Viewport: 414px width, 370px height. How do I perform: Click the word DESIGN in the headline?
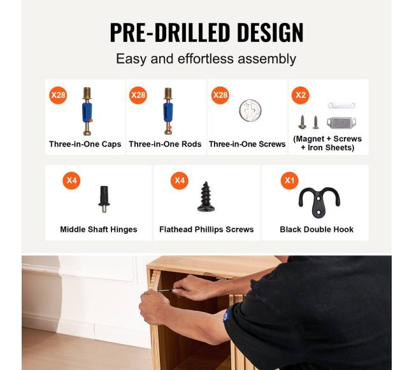[x=270, y=32]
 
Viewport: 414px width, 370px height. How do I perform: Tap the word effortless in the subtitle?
[x=206, y=59]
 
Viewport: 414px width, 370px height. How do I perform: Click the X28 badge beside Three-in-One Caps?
[x=58, y=95]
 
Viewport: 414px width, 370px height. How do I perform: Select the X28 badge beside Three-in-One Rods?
[x=138, y=95]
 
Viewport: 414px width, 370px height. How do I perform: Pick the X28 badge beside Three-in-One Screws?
[x=220, y=95]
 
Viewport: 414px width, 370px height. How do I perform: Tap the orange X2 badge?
[x=301, y=95]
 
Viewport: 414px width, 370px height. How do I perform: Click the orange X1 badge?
[x=290, y=180]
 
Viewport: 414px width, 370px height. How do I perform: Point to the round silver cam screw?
[x=250, y=111]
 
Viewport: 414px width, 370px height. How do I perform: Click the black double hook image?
[x=319, y=202]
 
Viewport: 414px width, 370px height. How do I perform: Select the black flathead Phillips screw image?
[x=206, y=197]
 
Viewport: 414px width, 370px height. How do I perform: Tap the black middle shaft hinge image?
[x=104, y=199]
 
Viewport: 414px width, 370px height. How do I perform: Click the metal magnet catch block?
[x=341, y=123]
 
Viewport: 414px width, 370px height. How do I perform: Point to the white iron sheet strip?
[x=341, y=106]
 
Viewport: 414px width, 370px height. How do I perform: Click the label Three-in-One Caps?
[x=85, y=144]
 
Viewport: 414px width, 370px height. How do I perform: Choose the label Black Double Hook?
[x=317, y=229]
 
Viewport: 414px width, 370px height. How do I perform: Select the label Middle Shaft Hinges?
[x=99, y=230]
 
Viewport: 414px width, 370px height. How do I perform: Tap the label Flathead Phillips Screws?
[x=206, y=230]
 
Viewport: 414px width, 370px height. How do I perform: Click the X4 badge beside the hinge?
[x=71, y=180]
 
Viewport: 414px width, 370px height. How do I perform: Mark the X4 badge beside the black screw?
[x=180, y=180]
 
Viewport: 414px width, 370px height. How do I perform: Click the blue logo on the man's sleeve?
[x=226, y=316]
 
